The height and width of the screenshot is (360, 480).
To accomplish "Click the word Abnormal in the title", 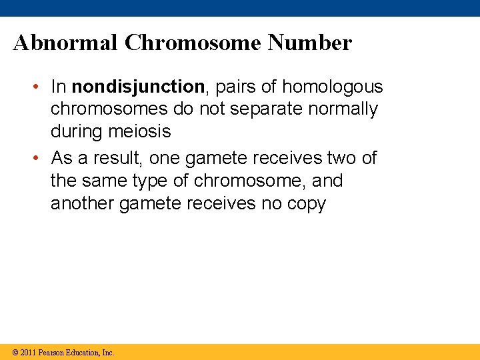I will pyautogui.click(x=65, y=43).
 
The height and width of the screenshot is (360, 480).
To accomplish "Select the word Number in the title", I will pyautogui.click(x=309, y=43).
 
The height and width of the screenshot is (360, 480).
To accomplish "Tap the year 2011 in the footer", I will pyautogui.click(x=28, y=352).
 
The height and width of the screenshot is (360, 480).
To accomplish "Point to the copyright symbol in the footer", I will pyautogui.click(x=14, y=352).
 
